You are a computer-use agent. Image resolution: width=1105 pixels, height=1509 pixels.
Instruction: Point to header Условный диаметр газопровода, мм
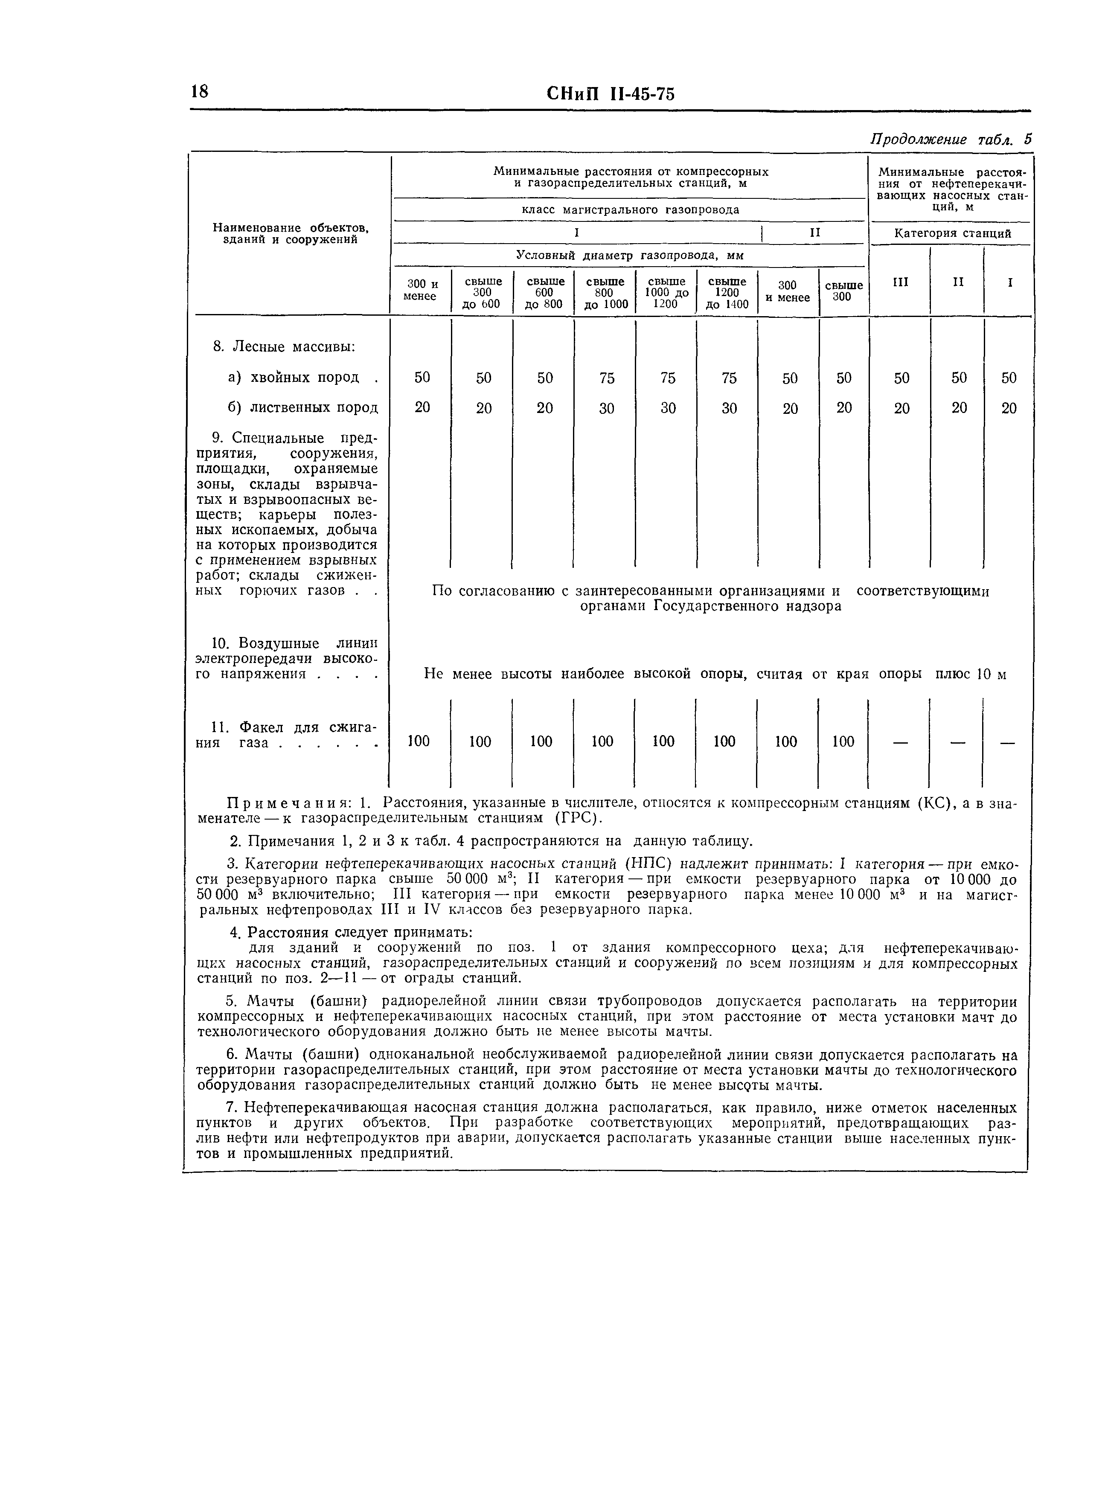(629, 256)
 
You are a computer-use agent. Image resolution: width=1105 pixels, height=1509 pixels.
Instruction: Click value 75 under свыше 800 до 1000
(607, 378)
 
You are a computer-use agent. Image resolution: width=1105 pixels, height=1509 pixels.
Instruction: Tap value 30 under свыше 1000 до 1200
(668, 408)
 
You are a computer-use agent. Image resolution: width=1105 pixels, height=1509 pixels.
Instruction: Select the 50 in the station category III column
(901, 378)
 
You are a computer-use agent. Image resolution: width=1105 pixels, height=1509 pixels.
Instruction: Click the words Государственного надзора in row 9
(747, 607)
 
